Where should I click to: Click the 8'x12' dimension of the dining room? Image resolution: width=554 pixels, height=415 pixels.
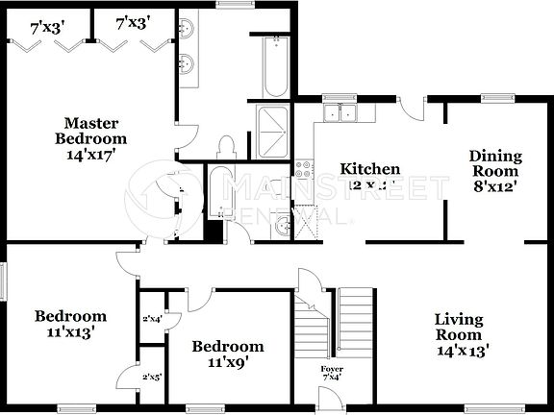[x=495, y=187]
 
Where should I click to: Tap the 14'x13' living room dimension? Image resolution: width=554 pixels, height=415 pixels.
[x=459, y=352]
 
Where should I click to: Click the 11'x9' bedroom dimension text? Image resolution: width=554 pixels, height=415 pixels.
[x=227, y=364]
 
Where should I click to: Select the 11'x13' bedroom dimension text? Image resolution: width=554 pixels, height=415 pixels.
[x=70, y=333]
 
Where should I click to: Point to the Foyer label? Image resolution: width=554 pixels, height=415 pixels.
[x=331, y=369]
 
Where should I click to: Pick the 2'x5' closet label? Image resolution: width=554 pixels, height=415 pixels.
[x=152, y=378]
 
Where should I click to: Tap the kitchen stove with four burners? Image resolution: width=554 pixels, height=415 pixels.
[x=304, y=171]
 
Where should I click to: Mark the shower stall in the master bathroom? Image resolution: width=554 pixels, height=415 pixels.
[x=275, y=125]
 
